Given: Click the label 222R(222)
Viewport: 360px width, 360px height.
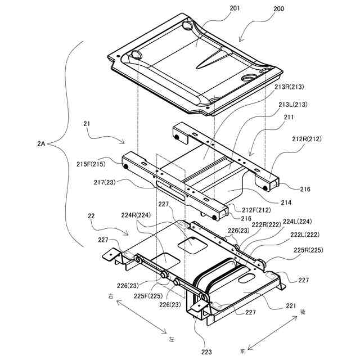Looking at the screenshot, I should point(267,225).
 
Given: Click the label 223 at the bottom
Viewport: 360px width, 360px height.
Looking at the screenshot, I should point(206,352).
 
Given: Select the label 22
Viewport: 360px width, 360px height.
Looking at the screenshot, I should point(92,215).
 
